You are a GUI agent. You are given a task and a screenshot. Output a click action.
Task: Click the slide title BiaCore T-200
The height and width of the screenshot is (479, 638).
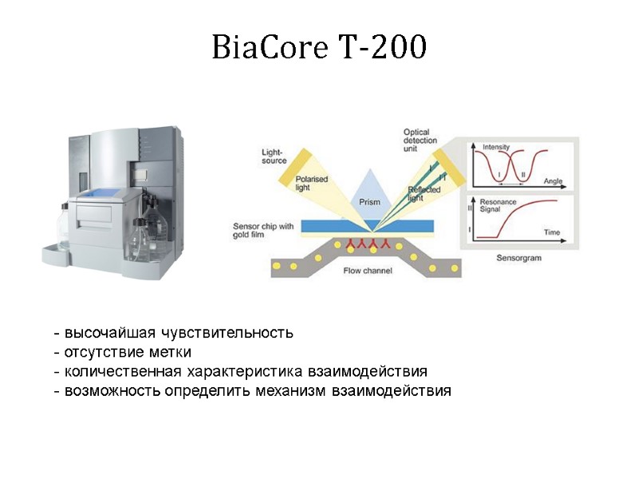[319, 49]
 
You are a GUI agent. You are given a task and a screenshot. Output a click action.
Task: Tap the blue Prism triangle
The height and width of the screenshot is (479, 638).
[368, 192]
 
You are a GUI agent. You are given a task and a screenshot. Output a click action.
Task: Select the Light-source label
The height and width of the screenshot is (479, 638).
[274, 156]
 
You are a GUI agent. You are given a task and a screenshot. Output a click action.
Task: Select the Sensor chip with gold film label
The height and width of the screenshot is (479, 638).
[263, 231]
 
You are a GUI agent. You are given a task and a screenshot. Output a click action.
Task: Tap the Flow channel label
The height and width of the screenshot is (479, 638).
[368, 271]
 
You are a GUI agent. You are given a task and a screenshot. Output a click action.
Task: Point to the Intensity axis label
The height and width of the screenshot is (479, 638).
[497, 147]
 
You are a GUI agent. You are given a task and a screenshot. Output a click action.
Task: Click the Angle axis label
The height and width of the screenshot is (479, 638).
[553, 181]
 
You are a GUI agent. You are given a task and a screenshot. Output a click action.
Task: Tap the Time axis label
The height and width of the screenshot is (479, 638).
[552, 232]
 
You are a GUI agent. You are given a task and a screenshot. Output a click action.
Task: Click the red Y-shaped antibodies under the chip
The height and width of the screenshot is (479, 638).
[368, 242]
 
